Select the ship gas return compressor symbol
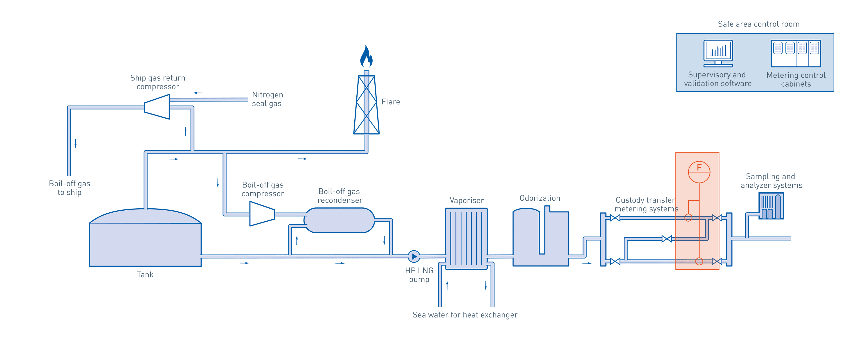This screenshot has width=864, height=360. coord(157,107)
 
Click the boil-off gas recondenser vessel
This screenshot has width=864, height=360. coord(340,220)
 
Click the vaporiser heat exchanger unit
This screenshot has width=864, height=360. coord(466,238)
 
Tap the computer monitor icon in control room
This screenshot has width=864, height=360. coord(718,53)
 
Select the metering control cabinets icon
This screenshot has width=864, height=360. coord(796,53)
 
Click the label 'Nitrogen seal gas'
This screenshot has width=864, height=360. coord(267,99)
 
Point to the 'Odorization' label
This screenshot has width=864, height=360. coord(540,198)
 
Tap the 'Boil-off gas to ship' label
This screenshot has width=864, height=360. coord(70,188)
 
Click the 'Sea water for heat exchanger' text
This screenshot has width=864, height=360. coord(465,315)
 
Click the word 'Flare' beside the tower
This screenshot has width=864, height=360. coord(390,102)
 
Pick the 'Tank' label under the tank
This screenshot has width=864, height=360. coord(145,275)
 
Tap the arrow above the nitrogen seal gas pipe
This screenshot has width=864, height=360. coord(198,93)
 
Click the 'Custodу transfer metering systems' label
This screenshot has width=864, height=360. coord(646,204)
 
